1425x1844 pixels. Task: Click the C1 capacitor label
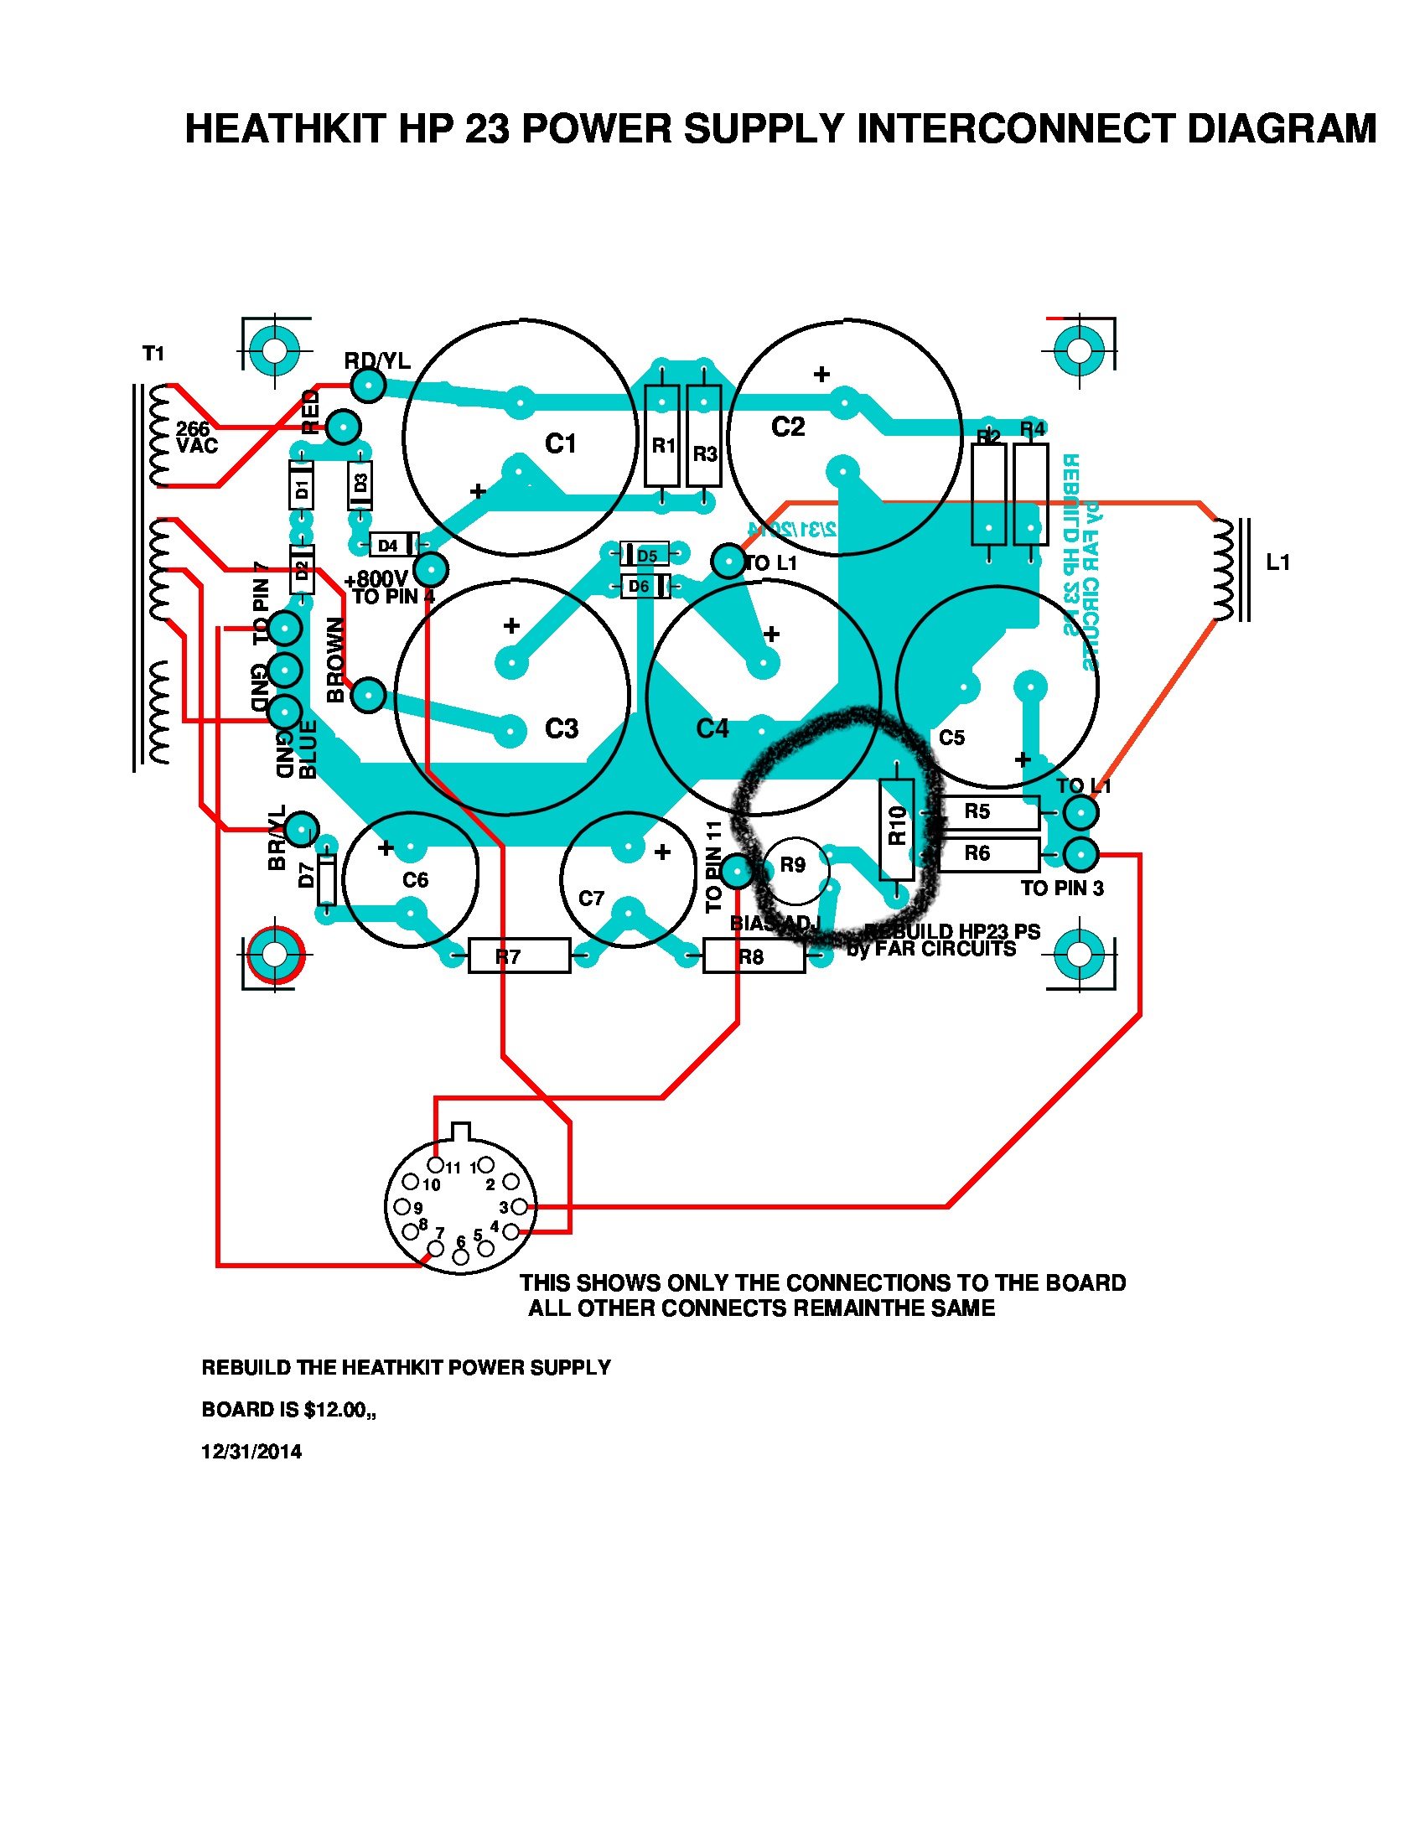point(560,443)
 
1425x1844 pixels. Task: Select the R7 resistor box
point(518,956)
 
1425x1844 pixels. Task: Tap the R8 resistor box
point(753,956)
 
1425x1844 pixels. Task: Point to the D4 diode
point(393,545)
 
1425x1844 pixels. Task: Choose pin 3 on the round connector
point(519,1206)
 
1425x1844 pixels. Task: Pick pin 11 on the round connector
point(436,1166)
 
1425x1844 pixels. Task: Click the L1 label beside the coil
point(1277,562)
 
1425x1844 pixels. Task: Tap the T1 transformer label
point(153,354)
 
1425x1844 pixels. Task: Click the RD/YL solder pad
point(369,386)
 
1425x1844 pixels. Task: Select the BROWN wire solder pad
point(368,695)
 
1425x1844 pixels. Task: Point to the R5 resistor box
point(987,811)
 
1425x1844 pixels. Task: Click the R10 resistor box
point(897,830)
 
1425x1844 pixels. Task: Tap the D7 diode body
point(326,880)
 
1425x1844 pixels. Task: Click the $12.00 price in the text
point(335,1409)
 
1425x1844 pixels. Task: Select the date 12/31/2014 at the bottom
point(251,1452)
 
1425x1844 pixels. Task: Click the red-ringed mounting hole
point(274,955)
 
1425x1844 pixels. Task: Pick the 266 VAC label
point(196,438)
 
